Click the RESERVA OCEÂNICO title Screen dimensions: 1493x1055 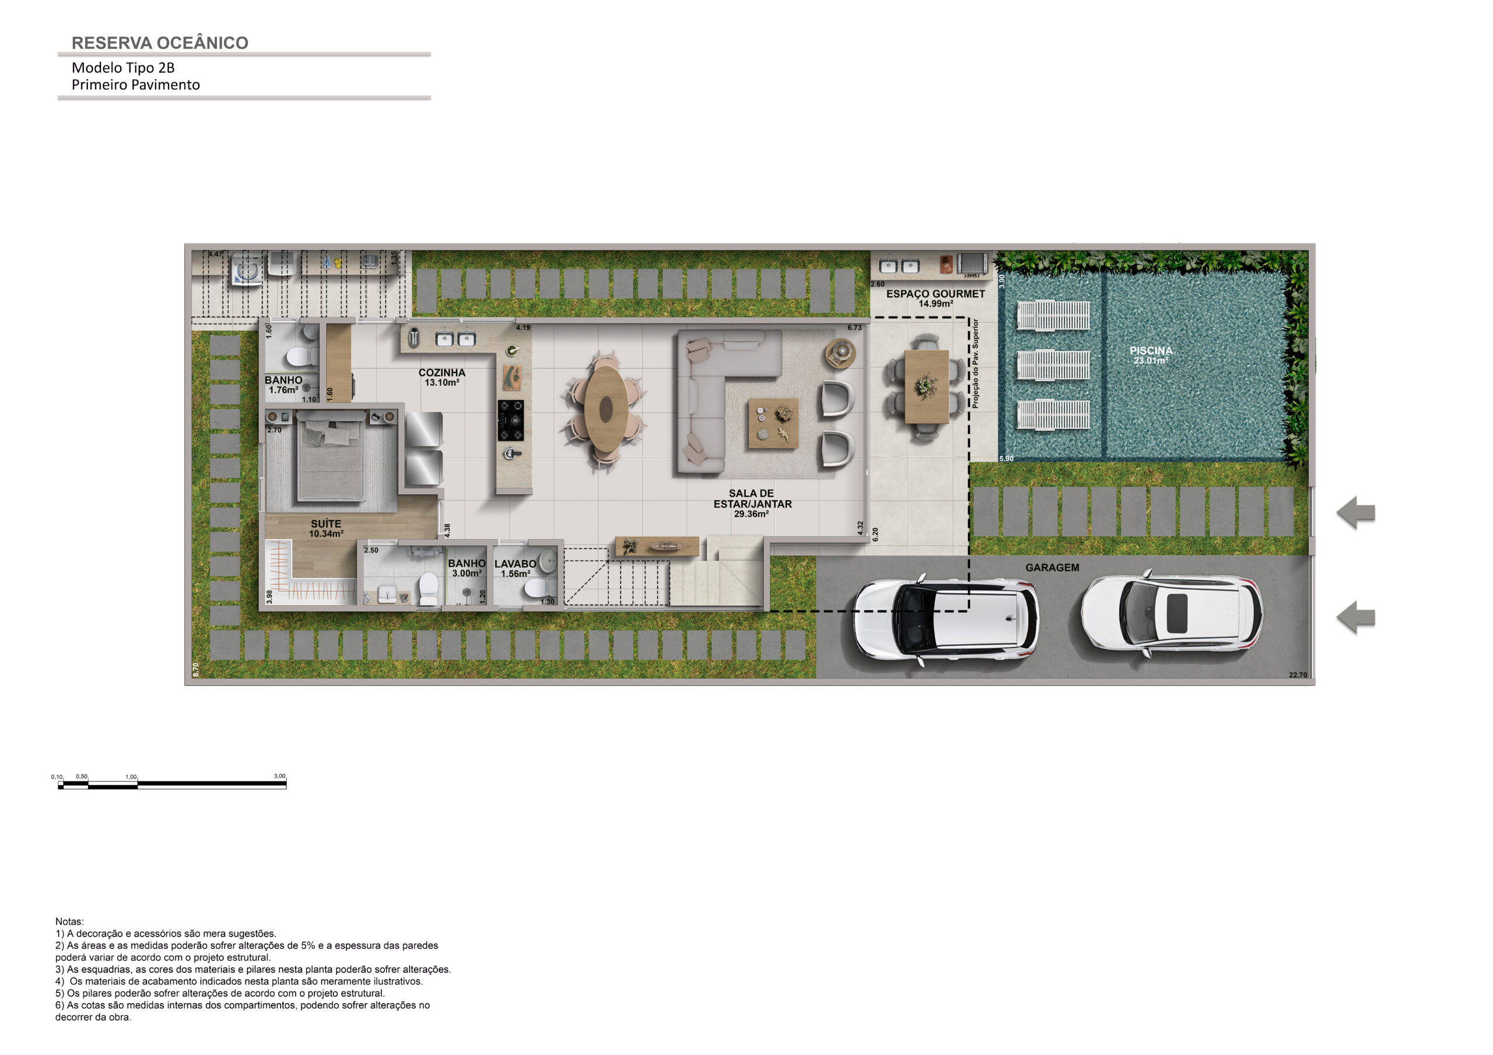click(x=160, y=43)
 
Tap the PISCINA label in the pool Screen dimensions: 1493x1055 click(x=1151, y=350)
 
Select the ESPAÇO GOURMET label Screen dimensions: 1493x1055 click(x=935, y=294)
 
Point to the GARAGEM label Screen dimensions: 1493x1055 click(x=1052, y=568)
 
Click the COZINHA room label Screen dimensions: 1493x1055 click(x=441, y=372)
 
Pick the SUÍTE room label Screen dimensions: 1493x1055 click(x=326, y=523)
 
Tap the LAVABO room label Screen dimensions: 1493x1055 click(x=515, y=564)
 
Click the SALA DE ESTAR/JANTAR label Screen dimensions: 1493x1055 click(x=752, y=498)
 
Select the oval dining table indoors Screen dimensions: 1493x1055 click(x=606, y=409)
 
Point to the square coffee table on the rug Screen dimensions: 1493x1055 click(x=773, y=423)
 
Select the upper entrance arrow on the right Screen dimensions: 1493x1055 click(x=1356, y=512)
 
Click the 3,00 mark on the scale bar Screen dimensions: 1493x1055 click(x=279, y=776)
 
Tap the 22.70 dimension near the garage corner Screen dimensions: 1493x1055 click(x=1298, y=675)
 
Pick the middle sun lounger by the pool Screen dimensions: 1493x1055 click(x=1053, y=365)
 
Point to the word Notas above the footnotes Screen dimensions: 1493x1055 click(x=69, y=921)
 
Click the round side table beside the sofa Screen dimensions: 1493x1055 click(x=841, y=353)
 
